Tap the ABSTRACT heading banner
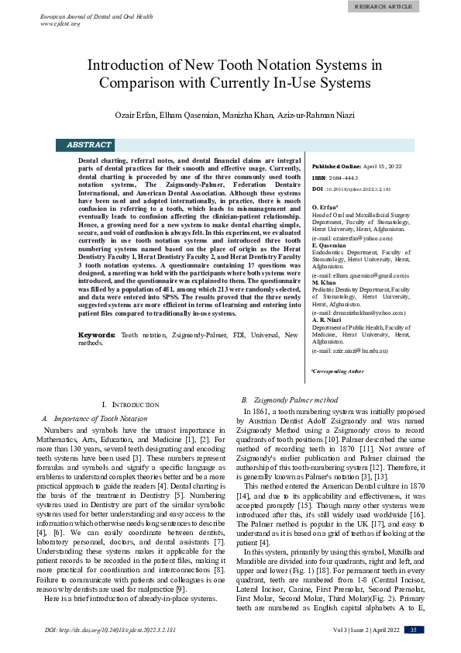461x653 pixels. (89, 145)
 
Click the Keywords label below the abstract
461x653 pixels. (98, 334)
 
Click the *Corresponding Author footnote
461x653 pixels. (337, 371)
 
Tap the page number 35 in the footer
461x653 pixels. (414, 629)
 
